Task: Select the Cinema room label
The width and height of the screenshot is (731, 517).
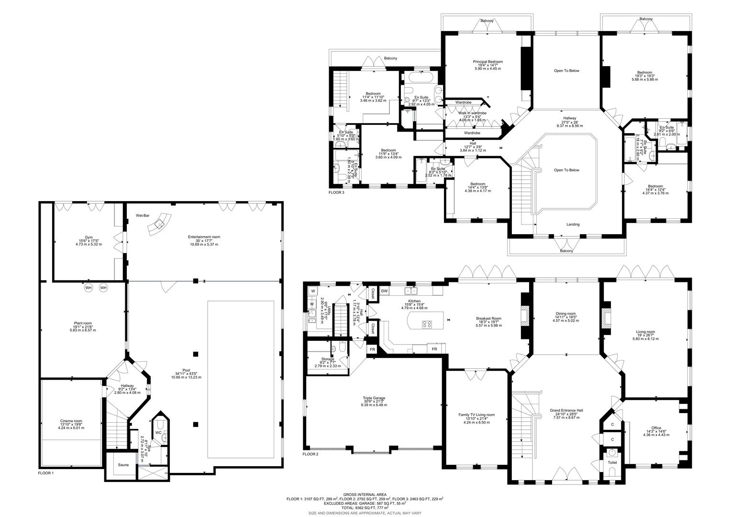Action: coord(71,421)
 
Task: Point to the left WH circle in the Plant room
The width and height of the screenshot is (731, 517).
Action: coord(88,288)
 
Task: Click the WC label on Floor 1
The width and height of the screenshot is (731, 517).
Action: coord(158,432)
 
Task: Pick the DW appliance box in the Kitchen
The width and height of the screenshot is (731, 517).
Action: coord(384,291)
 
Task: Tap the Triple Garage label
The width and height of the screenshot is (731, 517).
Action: coord(374,398)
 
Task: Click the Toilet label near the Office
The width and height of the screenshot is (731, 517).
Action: coord(612,462)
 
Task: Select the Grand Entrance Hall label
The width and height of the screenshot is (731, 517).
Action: coord(566,410)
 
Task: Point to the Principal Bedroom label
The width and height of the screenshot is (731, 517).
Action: coord(487,62)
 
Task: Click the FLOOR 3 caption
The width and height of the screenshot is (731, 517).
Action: coord(336,192)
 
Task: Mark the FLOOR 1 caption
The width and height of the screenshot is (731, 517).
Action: coord(46,472)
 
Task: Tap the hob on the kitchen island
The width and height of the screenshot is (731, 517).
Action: coord(427,324)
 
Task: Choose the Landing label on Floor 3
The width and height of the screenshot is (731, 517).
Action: coord(573,224)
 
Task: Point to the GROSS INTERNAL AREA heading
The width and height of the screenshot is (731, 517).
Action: coord(365,495)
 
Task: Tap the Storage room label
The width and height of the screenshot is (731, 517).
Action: coord(328,359)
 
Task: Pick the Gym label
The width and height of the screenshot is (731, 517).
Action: coord(89,237)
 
